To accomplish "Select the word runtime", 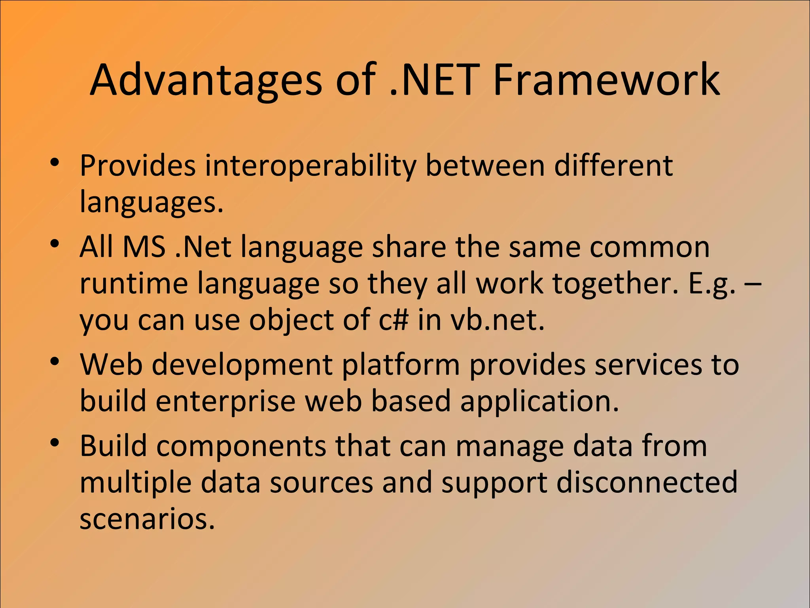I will tap(133, 283).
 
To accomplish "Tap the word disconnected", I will tap(647, 483).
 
